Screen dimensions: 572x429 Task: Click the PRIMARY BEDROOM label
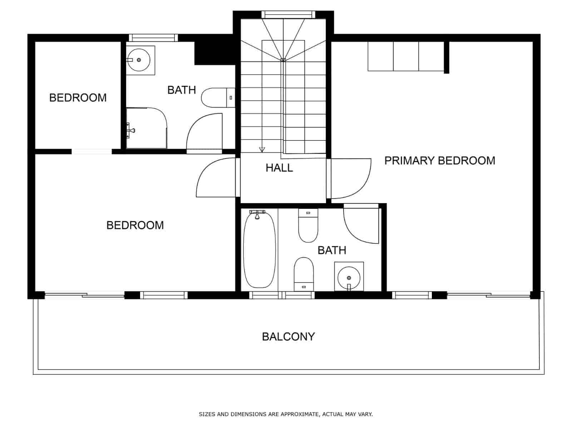point(440,161)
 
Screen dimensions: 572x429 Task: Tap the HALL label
point(279,168)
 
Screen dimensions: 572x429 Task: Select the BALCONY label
point(288,336)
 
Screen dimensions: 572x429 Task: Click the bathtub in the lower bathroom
point(259,250)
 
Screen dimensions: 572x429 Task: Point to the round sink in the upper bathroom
point(139,60)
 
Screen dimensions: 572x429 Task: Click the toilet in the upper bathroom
point(218,98)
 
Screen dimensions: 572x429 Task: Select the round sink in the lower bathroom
point(349,278)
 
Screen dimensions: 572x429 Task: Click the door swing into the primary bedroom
point(350,179)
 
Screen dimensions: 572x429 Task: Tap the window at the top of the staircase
point(288,15)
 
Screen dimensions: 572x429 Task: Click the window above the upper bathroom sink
point(153,38)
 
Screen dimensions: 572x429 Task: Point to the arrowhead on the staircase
point(262,149)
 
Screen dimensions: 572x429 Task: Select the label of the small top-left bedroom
point(78,98)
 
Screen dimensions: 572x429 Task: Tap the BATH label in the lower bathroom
point(332,250)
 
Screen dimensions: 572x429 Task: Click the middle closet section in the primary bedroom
point(406,56)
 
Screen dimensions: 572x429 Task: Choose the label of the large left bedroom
point(135,225)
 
